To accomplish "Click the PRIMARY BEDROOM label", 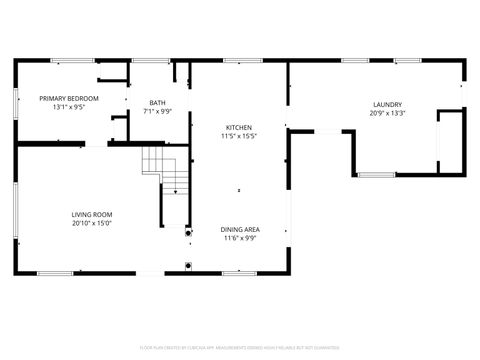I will point(69,98).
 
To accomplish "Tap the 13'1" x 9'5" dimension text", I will point(69,107).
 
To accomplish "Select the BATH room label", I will point(158,102).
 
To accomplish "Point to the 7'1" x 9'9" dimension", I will point(158,111).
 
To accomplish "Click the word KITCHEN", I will point(239,128).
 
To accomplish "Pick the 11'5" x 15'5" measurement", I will point(239,137).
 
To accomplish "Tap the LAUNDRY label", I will point(387,105).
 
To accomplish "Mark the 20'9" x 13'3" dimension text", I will point(387,114).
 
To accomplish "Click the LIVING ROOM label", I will point(91,215).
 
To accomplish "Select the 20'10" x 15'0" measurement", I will point(91,224).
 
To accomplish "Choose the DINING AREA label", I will point(239,230).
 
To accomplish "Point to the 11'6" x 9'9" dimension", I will point(239,239).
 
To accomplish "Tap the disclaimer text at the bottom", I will point(240,347).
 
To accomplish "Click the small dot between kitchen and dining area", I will point(238,190).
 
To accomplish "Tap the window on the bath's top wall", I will point(148,61).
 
